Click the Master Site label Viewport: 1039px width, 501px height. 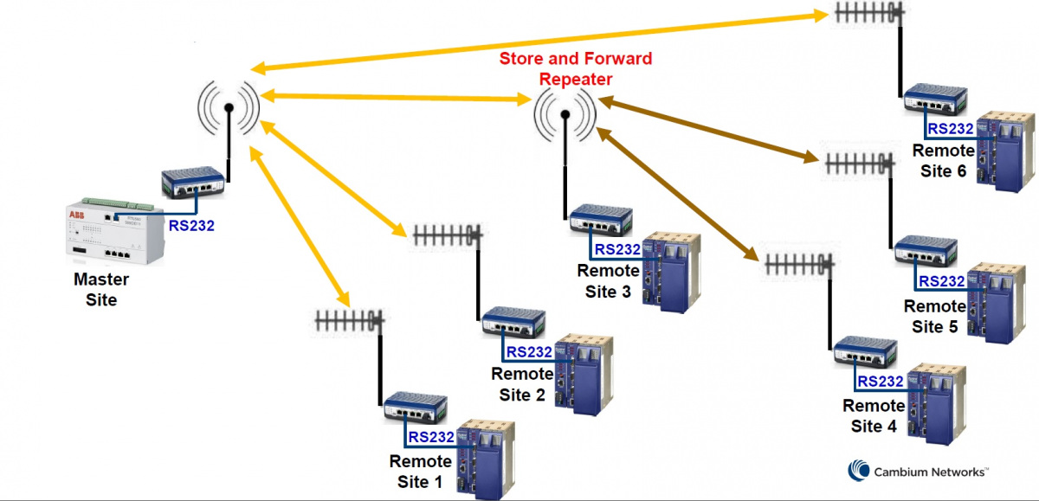[100, 290]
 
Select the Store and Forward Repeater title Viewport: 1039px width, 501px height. [576, 69]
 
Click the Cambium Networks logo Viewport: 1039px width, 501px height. [919, 472]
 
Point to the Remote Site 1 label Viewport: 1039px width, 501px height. [421, 472]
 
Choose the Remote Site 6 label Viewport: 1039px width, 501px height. [943, 161]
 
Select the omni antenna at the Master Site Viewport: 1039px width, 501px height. [229, 109]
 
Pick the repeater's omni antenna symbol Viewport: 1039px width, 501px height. [565, 113]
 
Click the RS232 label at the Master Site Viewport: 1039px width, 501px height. [191, 227]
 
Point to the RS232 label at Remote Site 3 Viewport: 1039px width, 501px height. [617, 250]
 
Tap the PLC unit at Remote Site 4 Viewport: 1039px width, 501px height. [930, 399]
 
